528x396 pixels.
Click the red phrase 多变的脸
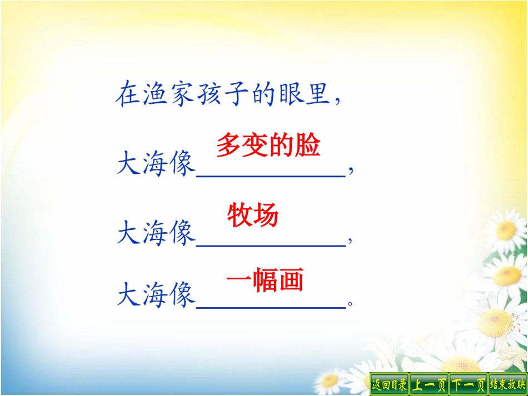click(x=268, y=146)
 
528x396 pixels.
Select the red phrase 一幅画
click(x=265, y=280)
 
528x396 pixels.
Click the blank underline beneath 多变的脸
click(x=271, y=174)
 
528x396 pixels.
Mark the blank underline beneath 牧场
click(x=271, y=244)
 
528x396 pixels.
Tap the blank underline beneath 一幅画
click(x=271, y=306)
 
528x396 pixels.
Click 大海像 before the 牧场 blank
click(x=156, y=233)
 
